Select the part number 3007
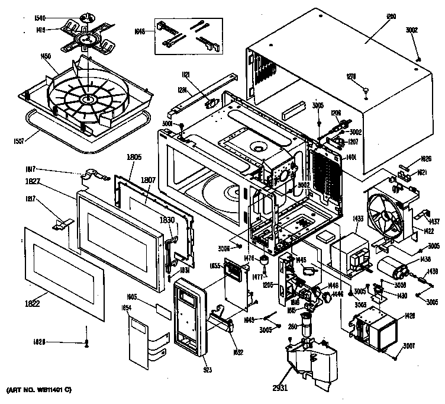408,345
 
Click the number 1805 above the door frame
136,158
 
